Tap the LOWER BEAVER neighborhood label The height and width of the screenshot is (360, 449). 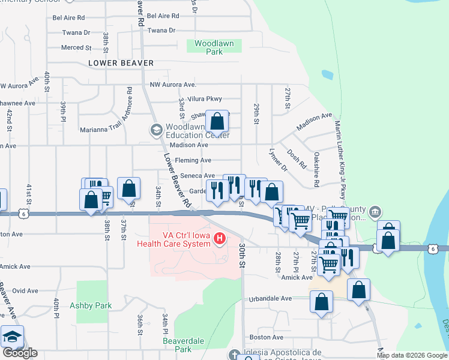pyautogui.click(x=121, y=63)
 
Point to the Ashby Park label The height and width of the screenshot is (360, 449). pyautogui.click(x=91, y=305)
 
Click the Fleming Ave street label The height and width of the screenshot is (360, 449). pyautogui.click(x=193, y=160)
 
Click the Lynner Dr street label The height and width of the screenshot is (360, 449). pyautogui.click(x=279, y=160)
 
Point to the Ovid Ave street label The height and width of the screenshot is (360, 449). pyautogui.click(x=25, y=290)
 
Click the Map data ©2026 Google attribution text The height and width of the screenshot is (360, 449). pyautogui.click(x=412, y=355)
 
